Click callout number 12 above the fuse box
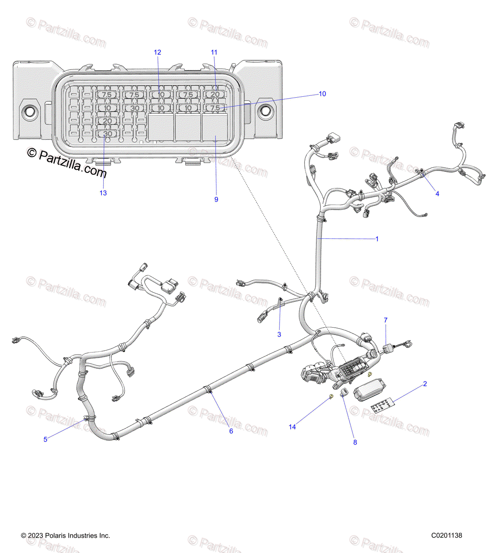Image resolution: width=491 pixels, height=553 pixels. (x=158, y=53)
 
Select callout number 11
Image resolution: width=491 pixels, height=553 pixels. (x=214, y=53)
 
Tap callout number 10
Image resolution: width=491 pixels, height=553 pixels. (x=322, y=94)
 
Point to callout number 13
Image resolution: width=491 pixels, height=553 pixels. (x=103, y=193)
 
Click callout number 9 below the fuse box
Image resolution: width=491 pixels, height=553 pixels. (x=216, y=200)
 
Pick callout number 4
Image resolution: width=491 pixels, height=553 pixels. (x=437, y=194)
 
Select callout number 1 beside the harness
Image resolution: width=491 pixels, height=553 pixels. (x=377, y=239)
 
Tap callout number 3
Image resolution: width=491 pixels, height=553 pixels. (x=279, y=335)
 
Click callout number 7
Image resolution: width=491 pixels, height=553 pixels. (x=386, y=320)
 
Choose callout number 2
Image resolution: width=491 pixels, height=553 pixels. (x=425, y=384)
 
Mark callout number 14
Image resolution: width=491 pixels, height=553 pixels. (x=292, y=427)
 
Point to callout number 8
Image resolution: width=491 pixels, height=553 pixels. (x=355, y=442)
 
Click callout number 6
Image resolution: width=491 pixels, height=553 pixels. (x=231, y=431)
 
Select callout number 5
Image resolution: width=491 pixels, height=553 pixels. (x=45, y=440)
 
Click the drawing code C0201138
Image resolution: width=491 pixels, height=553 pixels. (x=446, y=535)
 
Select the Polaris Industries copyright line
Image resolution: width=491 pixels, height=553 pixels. (x=65, y=535)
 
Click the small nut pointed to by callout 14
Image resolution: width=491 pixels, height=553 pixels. (x=331, y=397)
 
